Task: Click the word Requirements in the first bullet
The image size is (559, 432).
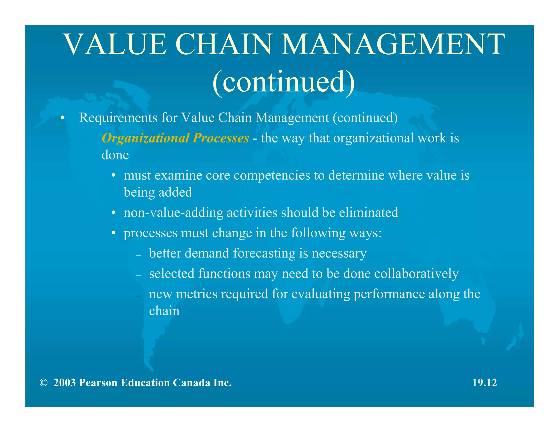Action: coord(118,118)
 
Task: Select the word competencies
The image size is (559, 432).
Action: coord(272,175)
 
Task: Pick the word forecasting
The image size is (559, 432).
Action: coord(264,253)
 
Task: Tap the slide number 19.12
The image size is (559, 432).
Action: coord(484,383)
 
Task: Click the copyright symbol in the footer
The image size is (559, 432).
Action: coord(43,383)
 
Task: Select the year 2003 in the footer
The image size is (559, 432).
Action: coord(64,383)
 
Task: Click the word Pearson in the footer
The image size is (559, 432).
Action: coord(98,383)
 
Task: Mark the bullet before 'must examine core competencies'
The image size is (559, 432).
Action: coord(113,176)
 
